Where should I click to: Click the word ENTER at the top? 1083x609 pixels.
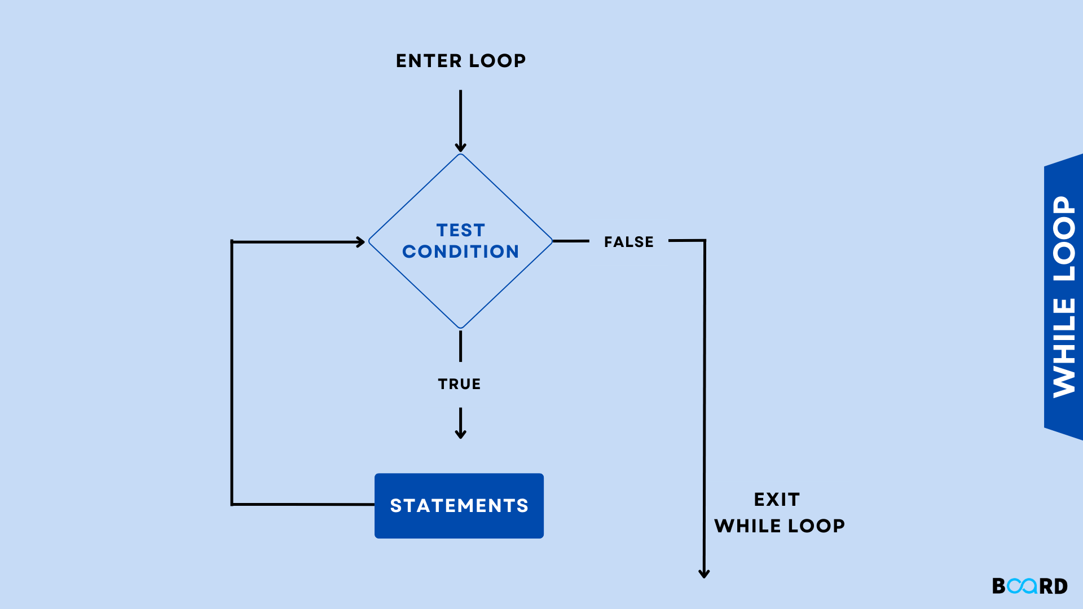429,61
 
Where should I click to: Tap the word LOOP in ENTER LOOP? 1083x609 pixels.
497,61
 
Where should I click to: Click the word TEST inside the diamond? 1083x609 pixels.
460,230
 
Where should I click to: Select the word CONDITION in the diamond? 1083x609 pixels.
460,251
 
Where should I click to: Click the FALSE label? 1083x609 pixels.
628,242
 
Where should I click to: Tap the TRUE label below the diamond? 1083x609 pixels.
459,384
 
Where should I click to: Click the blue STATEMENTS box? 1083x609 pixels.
459,506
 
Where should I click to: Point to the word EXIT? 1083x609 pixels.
777,500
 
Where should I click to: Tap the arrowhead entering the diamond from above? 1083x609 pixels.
460,148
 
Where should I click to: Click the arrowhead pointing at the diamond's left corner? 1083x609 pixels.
360,242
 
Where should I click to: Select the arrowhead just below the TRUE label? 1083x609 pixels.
460,434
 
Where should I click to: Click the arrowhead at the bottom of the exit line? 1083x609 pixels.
704,573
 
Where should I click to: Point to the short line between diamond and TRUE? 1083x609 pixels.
460,346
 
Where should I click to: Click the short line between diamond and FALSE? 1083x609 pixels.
571,241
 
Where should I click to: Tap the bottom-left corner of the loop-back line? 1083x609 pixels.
232,504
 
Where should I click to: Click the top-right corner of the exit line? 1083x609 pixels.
705,241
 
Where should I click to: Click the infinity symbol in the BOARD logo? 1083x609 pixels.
1022,586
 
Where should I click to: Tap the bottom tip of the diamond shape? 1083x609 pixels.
460,328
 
